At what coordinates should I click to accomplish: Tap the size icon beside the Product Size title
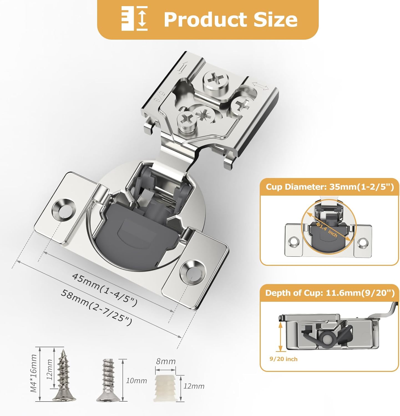pyautogui.click(x=135, y=19)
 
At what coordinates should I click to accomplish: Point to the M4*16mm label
pyautogui.click(x=34, y=373)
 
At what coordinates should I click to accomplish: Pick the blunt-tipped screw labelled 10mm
pyautogui.click(x=108, y=380)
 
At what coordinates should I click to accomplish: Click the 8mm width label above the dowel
pyautogui.click(x=166, y=361)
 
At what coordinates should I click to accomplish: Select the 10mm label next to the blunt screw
pyautogui.click(x=136, y=381)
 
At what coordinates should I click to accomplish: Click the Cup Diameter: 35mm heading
pyautogui.click(x=330, y=187)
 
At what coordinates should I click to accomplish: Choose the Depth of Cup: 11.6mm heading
pyautogui.click(x=330, y=293)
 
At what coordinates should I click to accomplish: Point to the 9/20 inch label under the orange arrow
pyautogui.click(x=283, y=359)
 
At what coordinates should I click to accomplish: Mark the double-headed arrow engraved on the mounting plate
pyautogui.click(x=260, y=86)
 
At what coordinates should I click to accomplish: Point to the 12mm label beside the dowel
pyautogui.click(x=194, y=386)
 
